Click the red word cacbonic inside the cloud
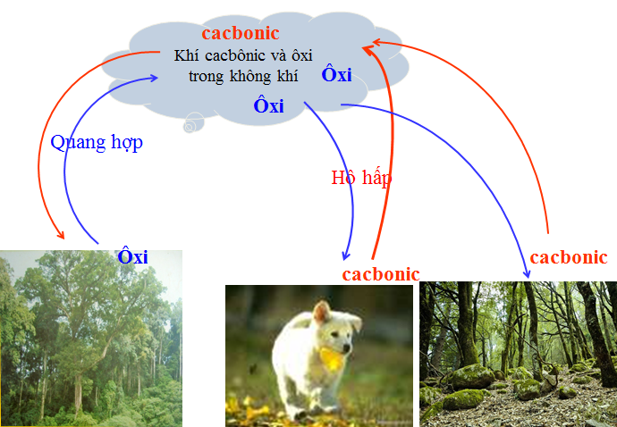click(241, 33)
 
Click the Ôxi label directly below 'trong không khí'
click(268, 105)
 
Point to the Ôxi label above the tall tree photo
click(132, 257)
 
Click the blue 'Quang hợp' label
click(97, 142)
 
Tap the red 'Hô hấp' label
click(361, 177)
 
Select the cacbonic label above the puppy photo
click(381, 273)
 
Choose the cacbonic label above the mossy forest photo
click(569, 257)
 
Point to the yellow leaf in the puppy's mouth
click(332, 358)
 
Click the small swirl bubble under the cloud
click(189, 127)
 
